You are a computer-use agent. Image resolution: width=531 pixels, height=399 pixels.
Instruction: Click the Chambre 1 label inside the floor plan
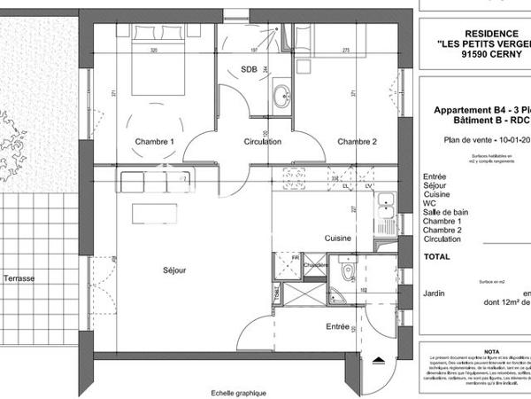pos(154,142)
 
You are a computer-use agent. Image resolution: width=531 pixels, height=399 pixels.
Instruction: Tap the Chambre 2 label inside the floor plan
pos(357,142)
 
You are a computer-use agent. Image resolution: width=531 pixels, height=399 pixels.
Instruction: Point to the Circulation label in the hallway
pos(263,142)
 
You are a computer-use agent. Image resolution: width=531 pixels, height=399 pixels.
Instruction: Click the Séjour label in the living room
pos(174,270)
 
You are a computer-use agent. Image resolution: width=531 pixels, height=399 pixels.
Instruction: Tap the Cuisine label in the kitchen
pos(338,239)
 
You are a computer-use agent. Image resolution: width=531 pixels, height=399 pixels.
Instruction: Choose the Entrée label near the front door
pos(337,327)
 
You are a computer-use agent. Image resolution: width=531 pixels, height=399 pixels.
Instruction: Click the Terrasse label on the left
pos(19,278)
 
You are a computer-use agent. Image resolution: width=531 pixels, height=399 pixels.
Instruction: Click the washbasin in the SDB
pos(282,95)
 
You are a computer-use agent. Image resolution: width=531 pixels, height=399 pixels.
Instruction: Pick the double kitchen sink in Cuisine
pos(386,209)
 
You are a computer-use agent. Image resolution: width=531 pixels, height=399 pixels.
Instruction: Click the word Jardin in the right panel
pos(435,292)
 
